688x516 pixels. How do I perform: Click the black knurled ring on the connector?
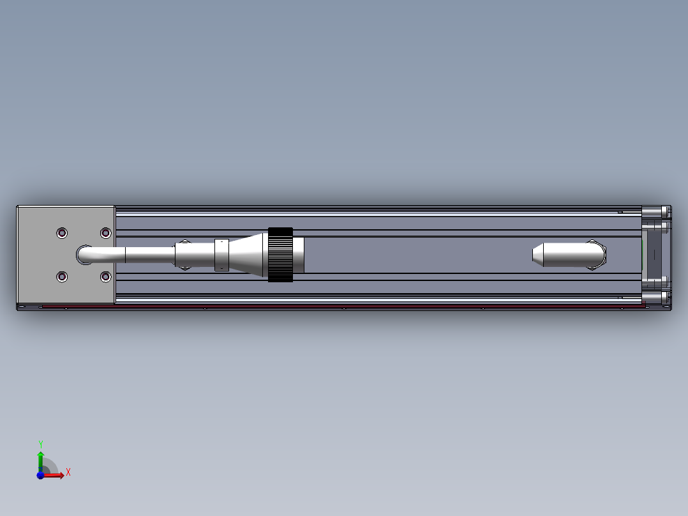(x=280, y=254)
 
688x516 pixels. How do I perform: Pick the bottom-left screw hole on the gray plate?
(x=62, y=277)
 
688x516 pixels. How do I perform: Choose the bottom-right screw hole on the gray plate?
(x=105, y=277)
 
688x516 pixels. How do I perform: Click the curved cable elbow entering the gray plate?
(x=89, y=255)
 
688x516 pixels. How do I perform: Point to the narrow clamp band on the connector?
(x=221, y=255)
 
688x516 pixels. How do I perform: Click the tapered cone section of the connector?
(x=248, y=255)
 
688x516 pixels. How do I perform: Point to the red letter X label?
(x=68, y=473)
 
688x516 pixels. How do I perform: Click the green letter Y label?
(x=40, y=443)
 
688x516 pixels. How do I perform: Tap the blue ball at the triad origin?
(x=40, y=475)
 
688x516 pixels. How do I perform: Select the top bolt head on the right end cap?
(x=655, y=211)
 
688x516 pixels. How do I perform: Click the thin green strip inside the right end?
(x=641, y=255)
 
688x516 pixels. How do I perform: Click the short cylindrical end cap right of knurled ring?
(x=299, y=254)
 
